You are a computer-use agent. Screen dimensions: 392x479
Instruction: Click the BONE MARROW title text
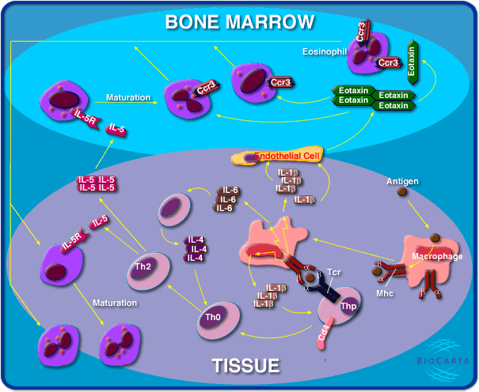(239, 21)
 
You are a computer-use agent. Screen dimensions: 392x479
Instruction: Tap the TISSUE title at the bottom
(245, 366)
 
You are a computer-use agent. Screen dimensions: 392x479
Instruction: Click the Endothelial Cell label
(287, 156)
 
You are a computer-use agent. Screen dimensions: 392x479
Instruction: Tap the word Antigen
(402, 181)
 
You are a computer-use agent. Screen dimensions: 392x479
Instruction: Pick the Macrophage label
(437, 257)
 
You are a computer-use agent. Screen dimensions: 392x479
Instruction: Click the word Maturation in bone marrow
(128, 98)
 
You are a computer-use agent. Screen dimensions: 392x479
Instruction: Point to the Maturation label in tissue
(115, 303)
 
